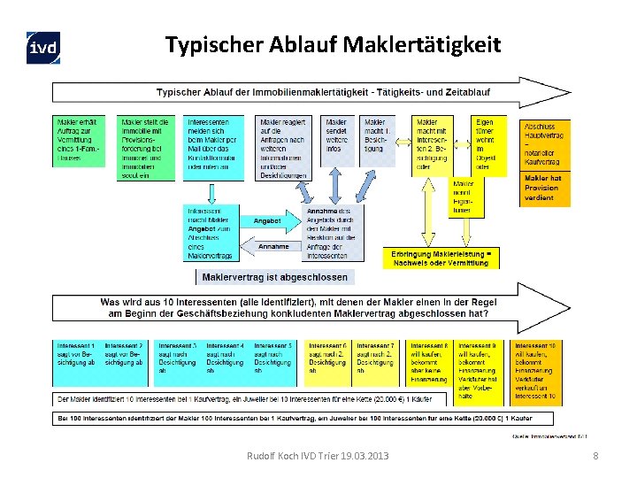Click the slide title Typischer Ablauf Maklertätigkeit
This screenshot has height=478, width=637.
pos(333,43)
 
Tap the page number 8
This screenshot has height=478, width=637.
pos(595,456)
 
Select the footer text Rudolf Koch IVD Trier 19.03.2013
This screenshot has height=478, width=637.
pos(318,456)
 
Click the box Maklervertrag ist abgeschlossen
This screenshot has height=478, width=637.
pos(275,277)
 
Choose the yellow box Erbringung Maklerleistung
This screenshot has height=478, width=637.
pos(440,258)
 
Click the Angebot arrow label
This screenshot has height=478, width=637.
pos(266,220)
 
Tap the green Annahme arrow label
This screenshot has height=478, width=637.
pos(273,247)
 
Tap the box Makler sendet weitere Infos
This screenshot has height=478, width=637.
pos(337,141)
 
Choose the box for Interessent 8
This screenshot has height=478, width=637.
pos(430,363)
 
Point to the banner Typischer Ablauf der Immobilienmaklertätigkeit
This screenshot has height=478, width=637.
pos(301,91)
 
